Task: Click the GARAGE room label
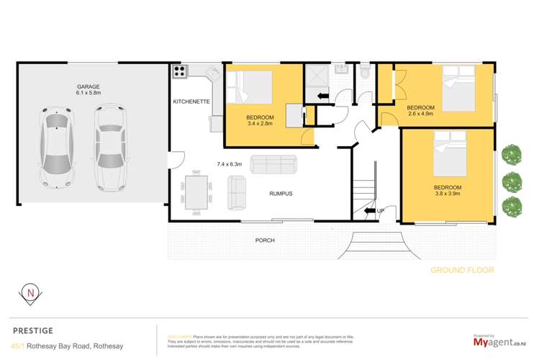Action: point(89,86)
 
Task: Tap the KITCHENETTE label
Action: point(191,102)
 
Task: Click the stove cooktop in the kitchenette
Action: point(179,71)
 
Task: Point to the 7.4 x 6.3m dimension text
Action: point(230,163)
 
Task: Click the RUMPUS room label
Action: point(281,194)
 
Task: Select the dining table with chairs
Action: point(196,192)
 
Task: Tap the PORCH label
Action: point(265,240)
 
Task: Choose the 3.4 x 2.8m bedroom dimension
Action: point(260,124)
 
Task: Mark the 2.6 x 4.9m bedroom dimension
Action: point(422,113)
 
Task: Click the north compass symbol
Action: point(30,293)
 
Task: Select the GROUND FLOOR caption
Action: point(462,270)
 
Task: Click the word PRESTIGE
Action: point(33,331)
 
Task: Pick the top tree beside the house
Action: point(512,153)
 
